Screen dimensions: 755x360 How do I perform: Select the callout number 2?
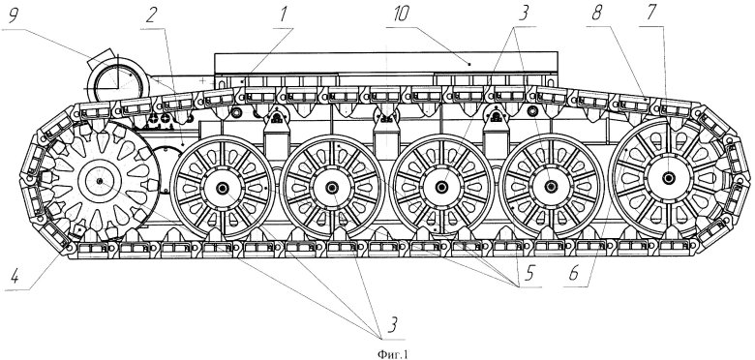[151, 15]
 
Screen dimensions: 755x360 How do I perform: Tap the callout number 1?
[284, 15]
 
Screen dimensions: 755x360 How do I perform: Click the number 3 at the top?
[523, 15]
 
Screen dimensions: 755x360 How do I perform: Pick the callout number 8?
[597, 14]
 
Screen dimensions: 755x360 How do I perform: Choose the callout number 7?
[650, 14]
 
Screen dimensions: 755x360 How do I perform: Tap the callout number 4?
[15, 278]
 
